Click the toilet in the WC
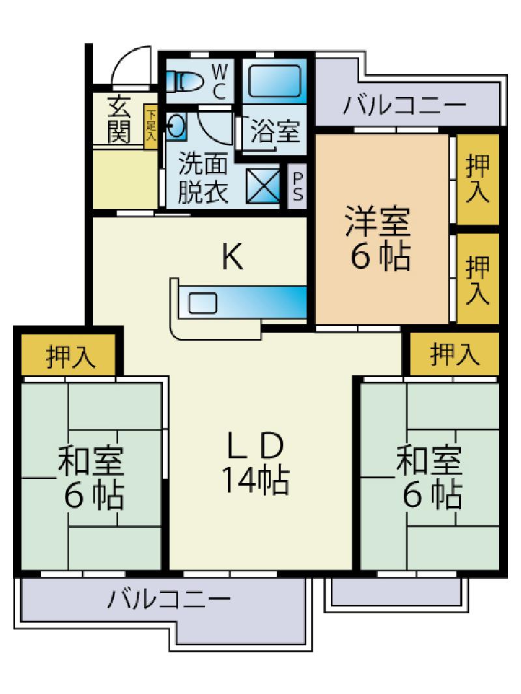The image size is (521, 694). point(184,81)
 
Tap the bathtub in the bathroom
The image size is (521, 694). point(274,81)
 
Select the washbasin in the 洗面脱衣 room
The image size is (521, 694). point(176,126)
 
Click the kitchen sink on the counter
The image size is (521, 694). point(203,303)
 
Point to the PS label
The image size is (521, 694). point(298,186)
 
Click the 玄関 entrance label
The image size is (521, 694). point(119,119)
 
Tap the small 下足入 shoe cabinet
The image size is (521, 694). point(151,126)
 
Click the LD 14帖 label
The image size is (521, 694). point(255,463)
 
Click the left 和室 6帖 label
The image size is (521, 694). point(92,477)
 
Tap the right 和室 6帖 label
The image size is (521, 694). point(430,477)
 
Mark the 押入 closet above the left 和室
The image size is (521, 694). point(71,356)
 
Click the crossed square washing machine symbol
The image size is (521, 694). point(263,186)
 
